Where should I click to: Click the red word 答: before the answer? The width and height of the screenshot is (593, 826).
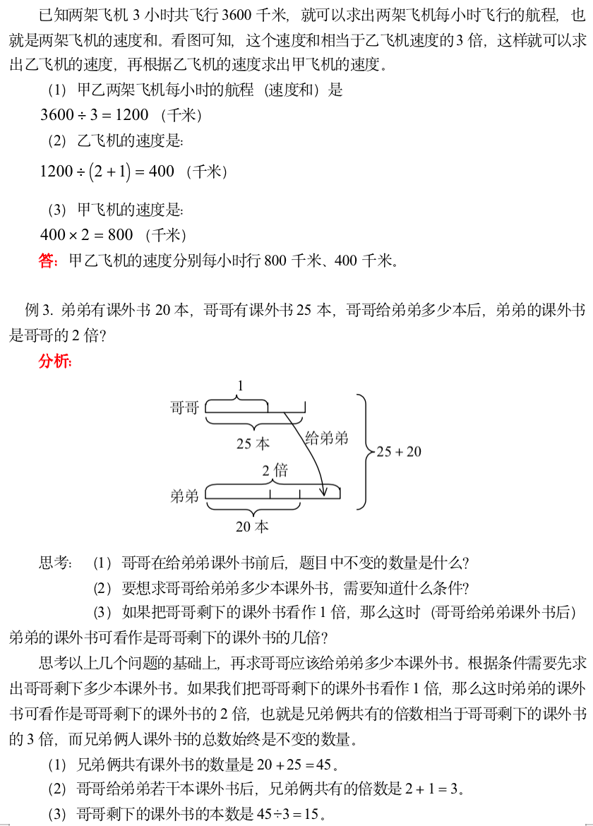coord(48,261)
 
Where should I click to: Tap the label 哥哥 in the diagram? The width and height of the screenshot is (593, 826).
coord(184,407)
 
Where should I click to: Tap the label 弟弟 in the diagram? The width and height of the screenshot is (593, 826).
coord(184,496)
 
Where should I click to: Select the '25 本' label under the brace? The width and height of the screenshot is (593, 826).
coord(253,443)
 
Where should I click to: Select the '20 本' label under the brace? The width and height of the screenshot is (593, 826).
coord(253,527)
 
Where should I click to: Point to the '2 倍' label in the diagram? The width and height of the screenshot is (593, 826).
coord(275,470)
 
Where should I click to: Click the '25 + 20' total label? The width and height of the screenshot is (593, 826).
coord(399,451)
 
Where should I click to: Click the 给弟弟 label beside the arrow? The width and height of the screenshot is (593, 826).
coord(327,438)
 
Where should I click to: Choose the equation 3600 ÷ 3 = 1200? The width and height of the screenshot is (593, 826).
coord(95,115)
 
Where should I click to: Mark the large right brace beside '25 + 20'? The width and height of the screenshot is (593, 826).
coord(362,451)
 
